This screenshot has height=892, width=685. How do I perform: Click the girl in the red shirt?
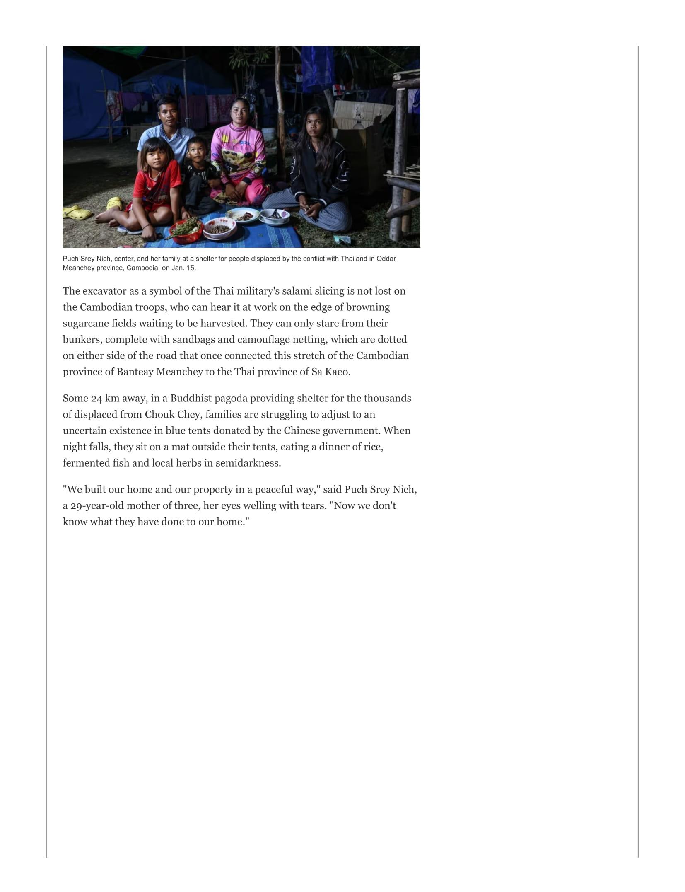tap(157, 182)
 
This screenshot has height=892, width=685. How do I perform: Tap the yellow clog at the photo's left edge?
tap(77, 213)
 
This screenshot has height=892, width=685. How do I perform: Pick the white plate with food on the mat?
tap(243, 215)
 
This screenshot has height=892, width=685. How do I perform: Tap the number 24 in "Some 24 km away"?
tap(96, 399)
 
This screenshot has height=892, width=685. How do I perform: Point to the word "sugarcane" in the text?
tap(86, 323)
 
